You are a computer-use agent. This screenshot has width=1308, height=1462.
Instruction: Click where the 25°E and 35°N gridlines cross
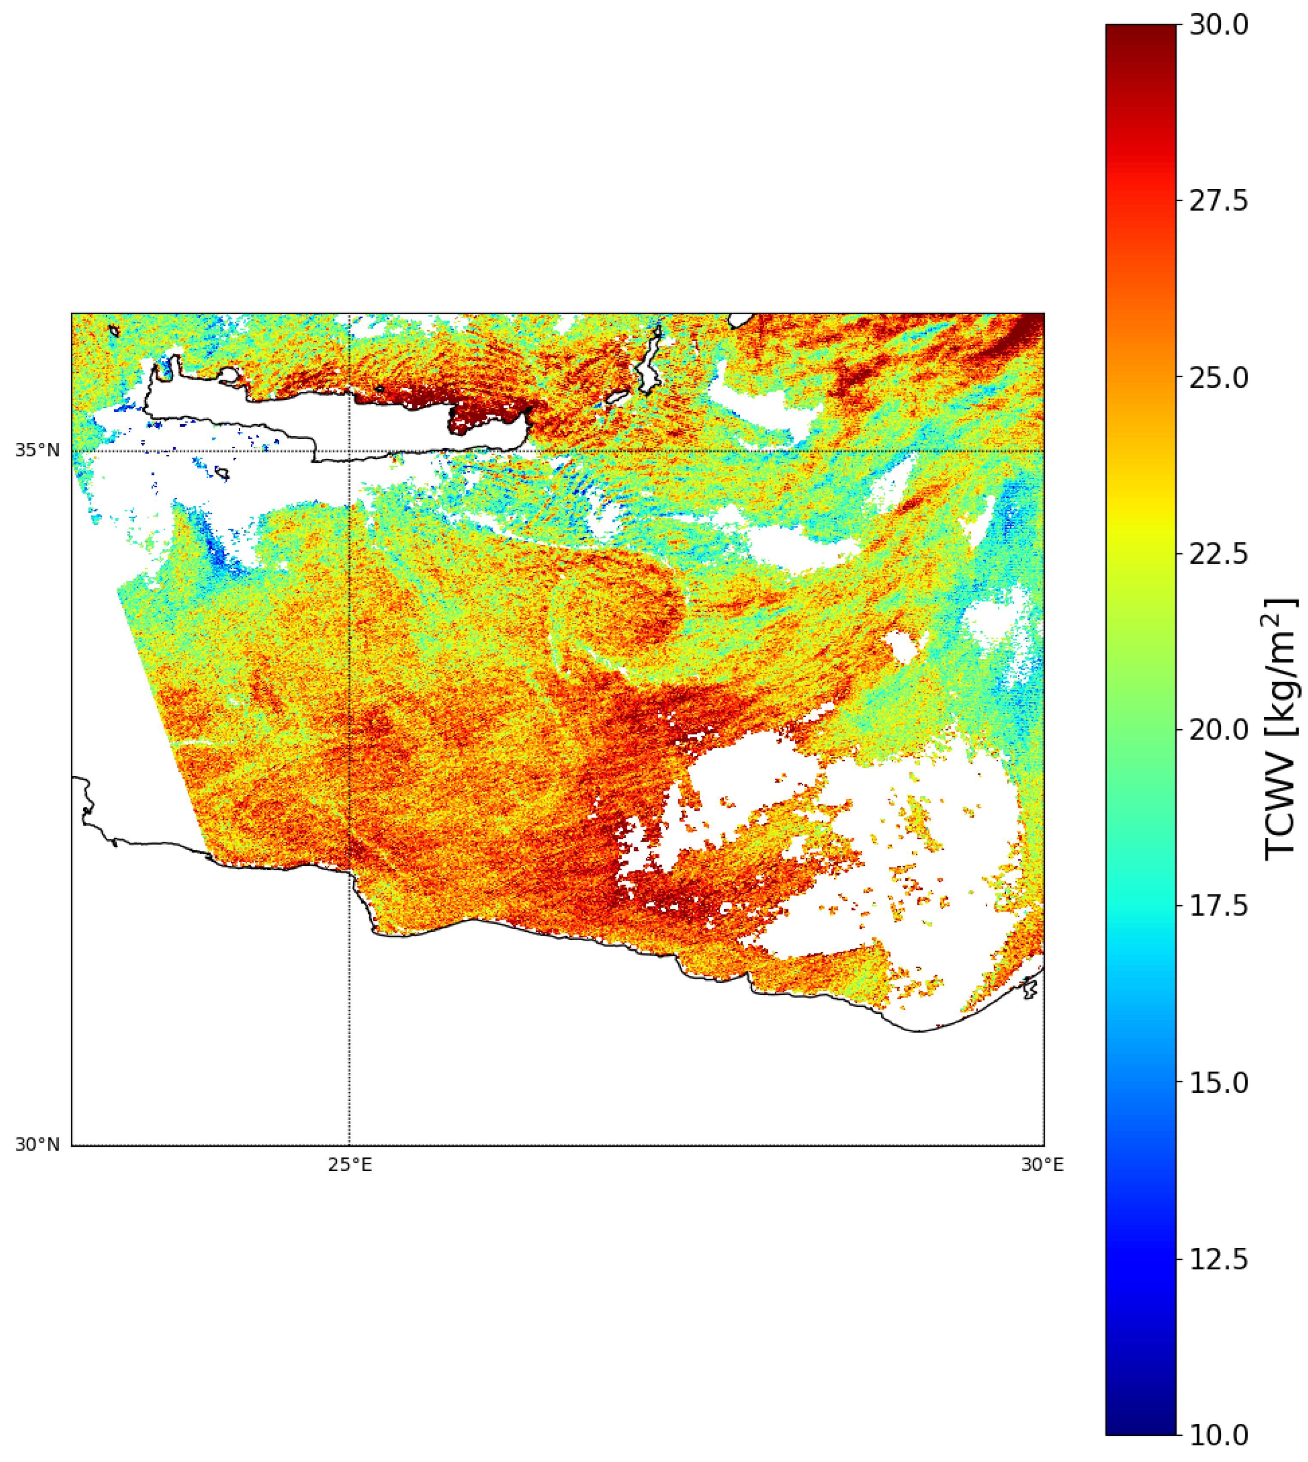pos(349,451)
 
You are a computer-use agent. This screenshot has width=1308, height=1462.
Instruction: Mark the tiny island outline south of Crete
pos(222,474)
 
